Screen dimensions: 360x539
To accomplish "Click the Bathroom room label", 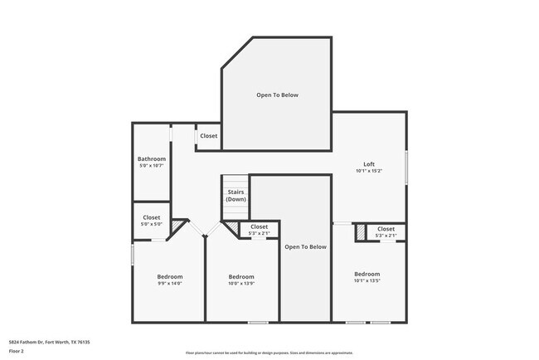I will [x=152, y=158].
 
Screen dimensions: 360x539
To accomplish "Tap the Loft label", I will [x=369, y=163].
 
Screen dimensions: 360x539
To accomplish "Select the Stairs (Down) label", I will [x=236, y=195].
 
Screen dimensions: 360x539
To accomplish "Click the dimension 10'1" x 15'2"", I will [x=369, y=171].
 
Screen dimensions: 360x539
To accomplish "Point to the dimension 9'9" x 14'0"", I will [x=169, y=284].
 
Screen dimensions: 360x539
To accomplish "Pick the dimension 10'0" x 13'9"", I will [x=240, y=284].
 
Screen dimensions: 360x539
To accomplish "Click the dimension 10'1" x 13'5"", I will [x=367, y=281].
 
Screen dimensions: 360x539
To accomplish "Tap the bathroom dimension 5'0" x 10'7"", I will [x=152, y=166].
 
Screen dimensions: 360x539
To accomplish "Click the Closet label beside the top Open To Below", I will [x=208, y=136].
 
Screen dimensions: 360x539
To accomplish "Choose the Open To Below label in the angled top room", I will [x=276, y=95].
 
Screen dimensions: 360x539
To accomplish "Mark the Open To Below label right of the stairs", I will [x=306, y=247].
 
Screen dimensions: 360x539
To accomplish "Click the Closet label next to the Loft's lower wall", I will [x=386, y=229].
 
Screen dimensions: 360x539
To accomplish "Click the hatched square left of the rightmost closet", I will [x=361, y=233].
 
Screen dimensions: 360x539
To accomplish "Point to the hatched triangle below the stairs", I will [x=234, y=227].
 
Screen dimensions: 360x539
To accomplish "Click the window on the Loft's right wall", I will [x=406, y=166].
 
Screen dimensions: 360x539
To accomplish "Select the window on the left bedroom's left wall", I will [x=133, y=255].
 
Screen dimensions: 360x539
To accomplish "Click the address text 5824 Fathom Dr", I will [x=49, y=342].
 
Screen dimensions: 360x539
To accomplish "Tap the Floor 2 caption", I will [x=17, y=352].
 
